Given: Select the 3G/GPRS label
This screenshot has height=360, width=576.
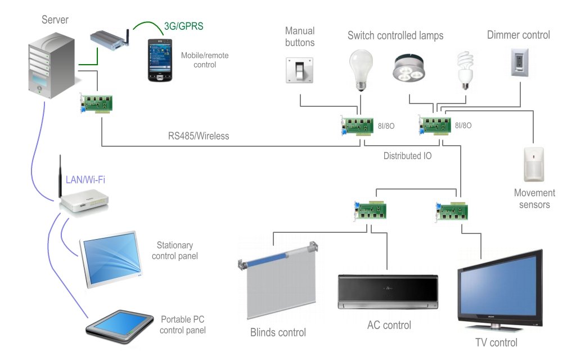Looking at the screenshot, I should pos(183,26).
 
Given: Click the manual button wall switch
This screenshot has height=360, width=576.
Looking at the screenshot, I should pos(299,70).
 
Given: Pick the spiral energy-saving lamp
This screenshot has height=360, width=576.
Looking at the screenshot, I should pos(464,70).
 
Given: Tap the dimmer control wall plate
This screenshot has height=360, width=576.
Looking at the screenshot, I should pos(520,62).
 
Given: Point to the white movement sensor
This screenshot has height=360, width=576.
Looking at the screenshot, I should pos(533,165).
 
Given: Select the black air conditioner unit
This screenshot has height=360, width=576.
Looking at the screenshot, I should pos(388,291).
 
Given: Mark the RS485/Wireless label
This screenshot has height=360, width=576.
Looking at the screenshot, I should pos(199,136).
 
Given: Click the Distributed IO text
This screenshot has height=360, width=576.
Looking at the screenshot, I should pos(407,156).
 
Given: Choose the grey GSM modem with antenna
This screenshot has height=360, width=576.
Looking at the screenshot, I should pos(110,38).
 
